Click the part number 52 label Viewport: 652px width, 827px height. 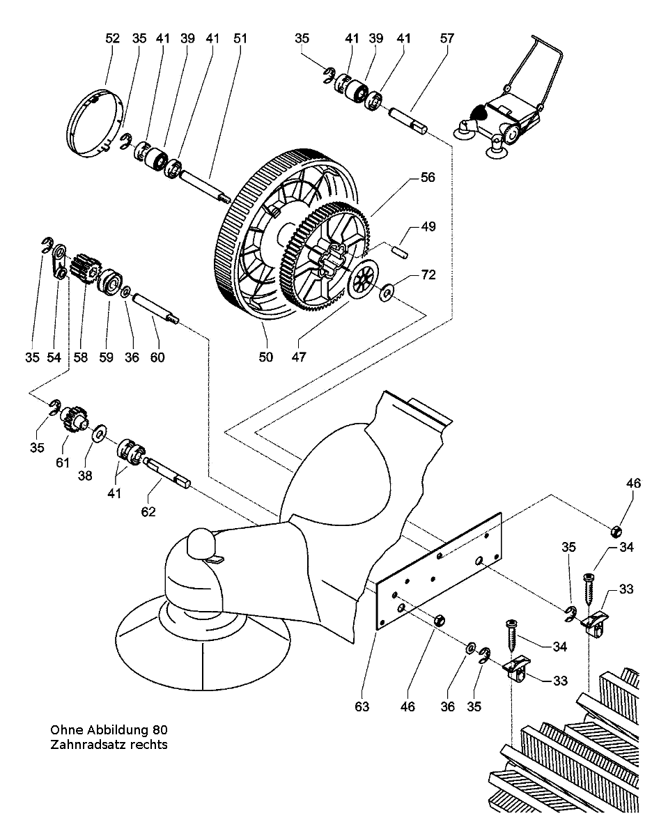click(x=113, y=39)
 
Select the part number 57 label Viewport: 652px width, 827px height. click(x=447, y=39)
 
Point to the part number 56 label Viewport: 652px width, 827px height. click(x=427, y=178)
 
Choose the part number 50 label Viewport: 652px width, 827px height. click(x=266, y=357)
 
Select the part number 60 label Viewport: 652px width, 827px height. click(x=157, y=357)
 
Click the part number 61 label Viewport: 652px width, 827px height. click(x=63, y=462)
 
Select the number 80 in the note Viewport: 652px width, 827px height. click(x=160, y=730)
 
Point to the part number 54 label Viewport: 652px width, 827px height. click(x=54, y=357)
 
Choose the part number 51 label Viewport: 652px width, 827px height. click(x=240, y=39)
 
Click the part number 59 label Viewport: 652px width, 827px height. click(x=106, y=357)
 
